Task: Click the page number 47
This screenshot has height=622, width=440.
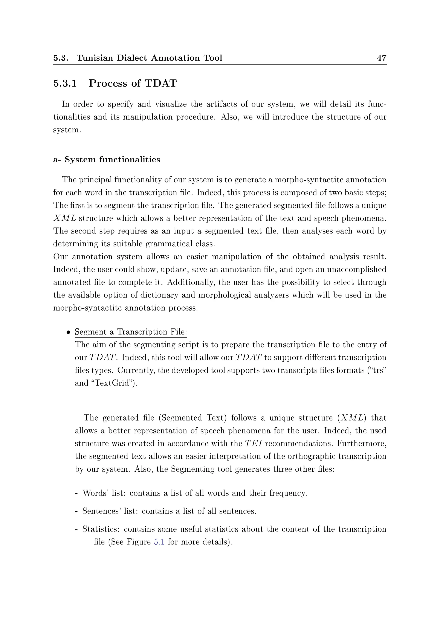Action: tap(382, 58)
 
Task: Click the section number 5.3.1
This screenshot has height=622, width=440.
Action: tap(65, 83)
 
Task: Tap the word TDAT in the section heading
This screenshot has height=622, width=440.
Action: tap(161, 83)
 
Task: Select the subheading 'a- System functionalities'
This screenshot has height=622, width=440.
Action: tap(107, 160)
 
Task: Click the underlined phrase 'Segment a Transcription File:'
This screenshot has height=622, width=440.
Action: tap(131, 332)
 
